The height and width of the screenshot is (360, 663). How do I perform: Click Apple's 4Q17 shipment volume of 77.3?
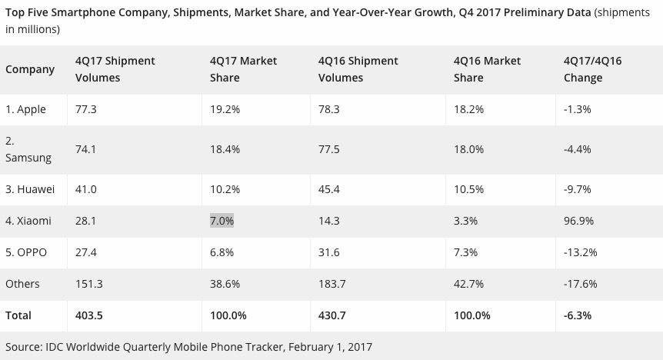[87, 109]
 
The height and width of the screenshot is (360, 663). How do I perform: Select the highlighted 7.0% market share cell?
[222, 221]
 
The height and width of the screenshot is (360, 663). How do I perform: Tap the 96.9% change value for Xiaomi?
[580, 221]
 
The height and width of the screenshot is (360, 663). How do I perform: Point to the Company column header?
[30, 69]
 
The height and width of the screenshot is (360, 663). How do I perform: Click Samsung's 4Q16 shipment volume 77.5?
[329, 149]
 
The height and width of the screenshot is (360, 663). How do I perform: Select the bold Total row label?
[19, 315]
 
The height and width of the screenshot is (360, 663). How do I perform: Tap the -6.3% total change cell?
[579, 315]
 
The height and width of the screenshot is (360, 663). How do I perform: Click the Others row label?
[22, 284]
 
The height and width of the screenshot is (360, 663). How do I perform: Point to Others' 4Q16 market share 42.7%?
[468, 284]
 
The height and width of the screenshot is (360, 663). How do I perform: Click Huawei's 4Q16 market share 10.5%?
[468, 189]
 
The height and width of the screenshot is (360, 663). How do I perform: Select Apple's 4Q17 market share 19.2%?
[225, 109]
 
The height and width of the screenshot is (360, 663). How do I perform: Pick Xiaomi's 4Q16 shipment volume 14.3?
[329, 221]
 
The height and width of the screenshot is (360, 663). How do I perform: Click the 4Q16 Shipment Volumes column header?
[358, 69]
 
